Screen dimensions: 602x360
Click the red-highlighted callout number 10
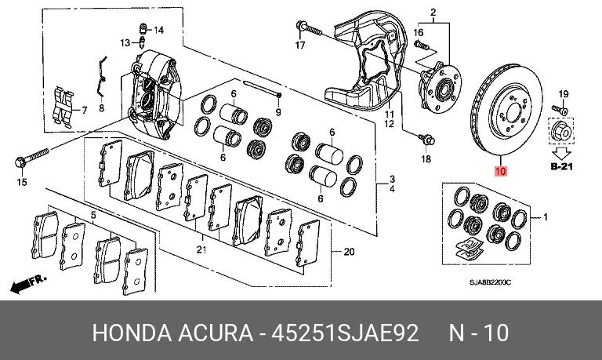point(501,171)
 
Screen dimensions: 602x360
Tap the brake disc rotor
point(506,110)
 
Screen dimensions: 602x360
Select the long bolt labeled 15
point(32,158)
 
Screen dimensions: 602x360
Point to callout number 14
point(158,30)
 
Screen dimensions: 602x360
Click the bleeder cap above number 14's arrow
point(143,28)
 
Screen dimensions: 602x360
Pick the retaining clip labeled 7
point(63,107)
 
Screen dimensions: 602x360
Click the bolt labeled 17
point(309,28)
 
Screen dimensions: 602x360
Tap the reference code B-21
point(562,166)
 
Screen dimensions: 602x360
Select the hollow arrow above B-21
point(562,153)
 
